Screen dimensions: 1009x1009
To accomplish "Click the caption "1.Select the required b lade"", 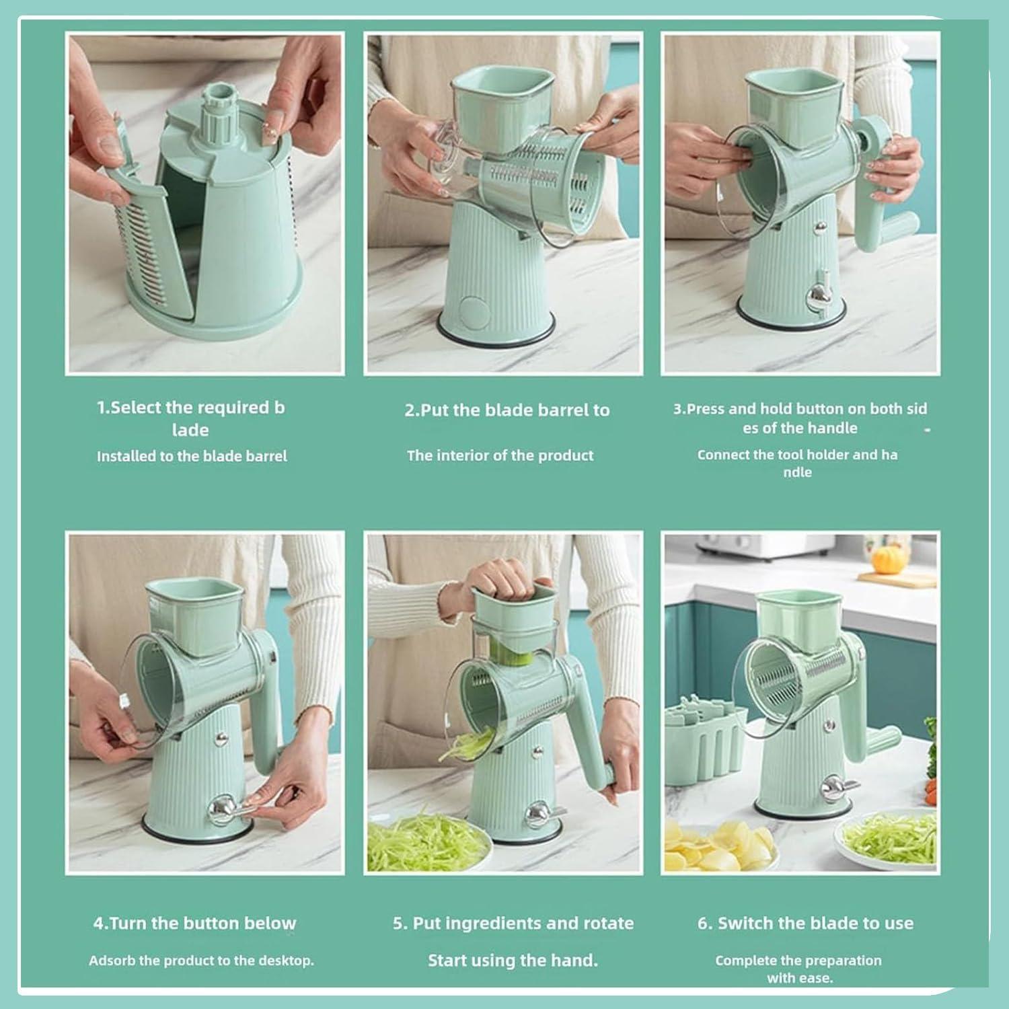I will pyautogui.click(x=191, y=418).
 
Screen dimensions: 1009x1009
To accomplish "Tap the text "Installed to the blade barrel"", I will pyautogui.click(x=192, y=456).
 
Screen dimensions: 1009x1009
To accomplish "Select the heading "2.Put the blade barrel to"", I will pyautogui.click(x=507, y=410).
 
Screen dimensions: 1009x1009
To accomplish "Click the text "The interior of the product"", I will pyautogui.click(x=500, y=455).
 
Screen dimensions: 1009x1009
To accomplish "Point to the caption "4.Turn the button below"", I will pyautogui.click(x=194, y=923).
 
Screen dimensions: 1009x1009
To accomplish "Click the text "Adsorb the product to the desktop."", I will pyautogui.click(x=201, y=961).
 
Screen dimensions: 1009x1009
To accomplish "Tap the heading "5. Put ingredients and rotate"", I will pyautogui.click(x=513, y=923).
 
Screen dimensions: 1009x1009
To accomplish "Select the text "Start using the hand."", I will pyautogui.click(x=513, y=961).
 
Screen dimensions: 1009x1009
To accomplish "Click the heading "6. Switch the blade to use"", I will pyautogui.click(x=805, y=923).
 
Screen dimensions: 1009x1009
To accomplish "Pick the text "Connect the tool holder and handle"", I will pyautogui.click(x=797, y=463).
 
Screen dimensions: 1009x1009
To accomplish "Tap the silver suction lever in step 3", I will pyautogui.click(x=819, y=293).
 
